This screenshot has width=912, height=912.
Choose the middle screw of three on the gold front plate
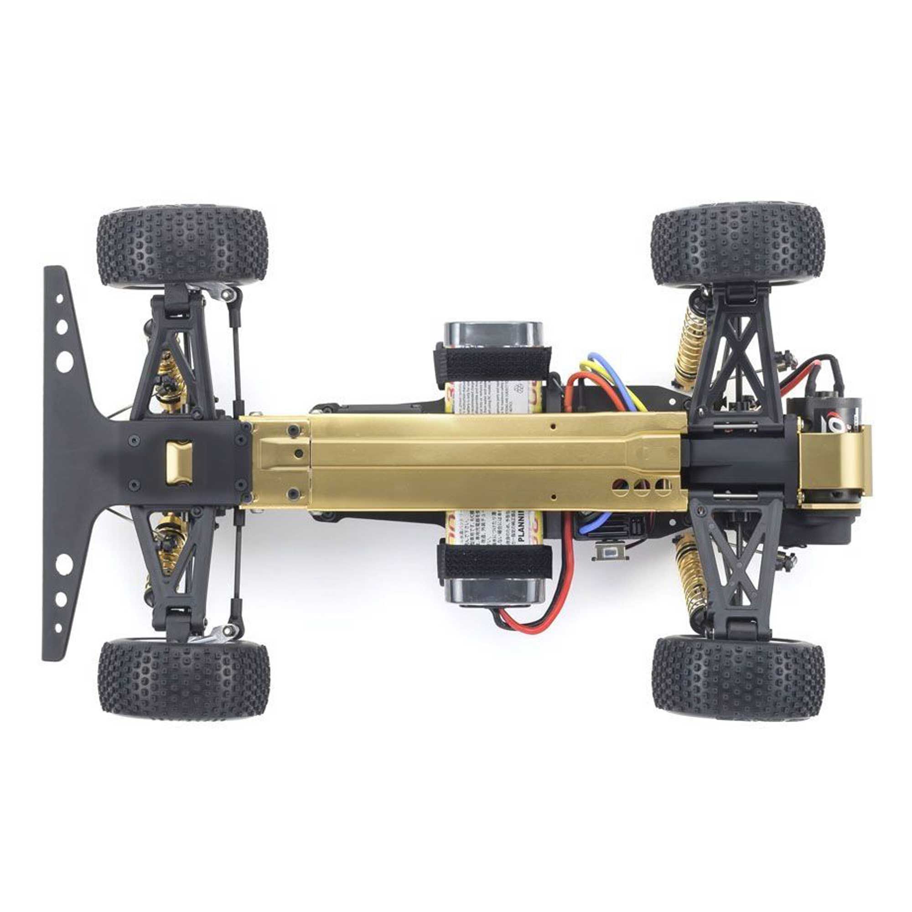298,453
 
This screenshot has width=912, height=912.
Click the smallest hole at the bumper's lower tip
58,628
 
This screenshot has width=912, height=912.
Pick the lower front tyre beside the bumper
184,680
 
